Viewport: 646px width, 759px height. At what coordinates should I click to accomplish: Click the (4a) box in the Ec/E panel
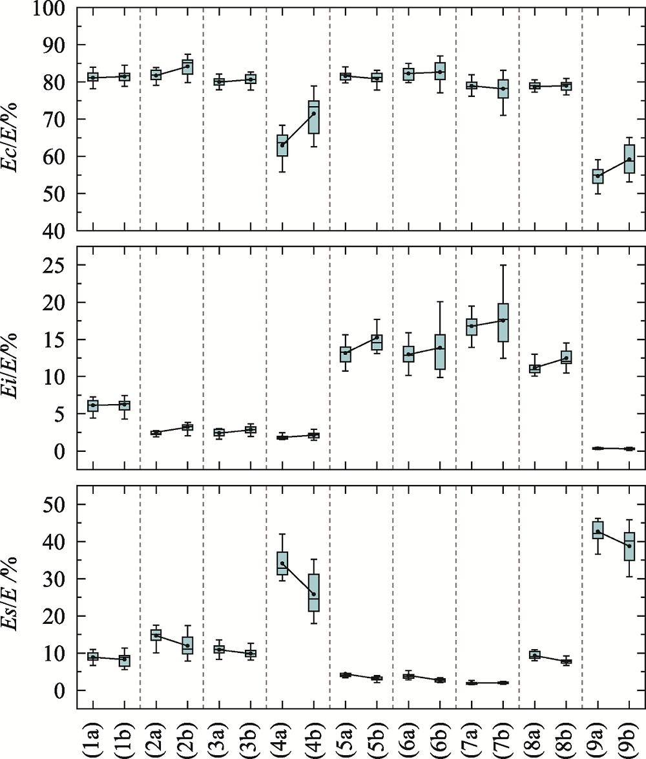(x=282, y=145)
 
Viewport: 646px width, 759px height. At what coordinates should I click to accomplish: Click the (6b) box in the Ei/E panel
(x=441, y=352)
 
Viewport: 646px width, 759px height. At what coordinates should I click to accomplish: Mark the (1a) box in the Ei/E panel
(x=93, y=405)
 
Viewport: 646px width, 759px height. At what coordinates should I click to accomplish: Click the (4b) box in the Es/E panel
(x=314, y=592)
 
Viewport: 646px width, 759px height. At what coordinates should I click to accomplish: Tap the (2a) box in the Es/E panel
(x=156, y=634)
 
